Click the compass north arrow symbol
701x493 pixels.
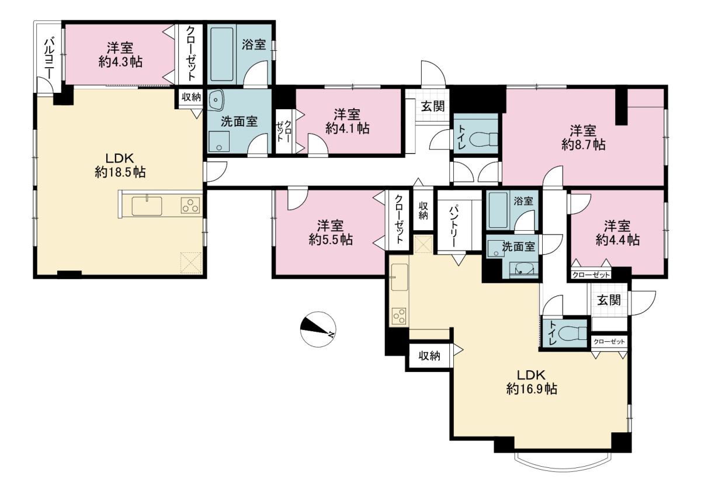pyautogui.click(x=318, y=329)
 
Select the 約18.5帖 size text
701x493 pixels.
pyautogui.click(x=120, y=172)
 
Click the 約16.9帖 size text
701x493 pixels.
pyautogui.click(x=532, y=389)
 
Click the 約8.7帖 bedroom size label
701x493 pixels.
pyautogui.click(x=584, y=145)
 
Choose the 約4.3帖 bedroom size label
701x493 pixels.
pyautogui.click(x=120, y=62)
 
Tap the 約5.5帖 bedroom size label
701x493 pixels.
pyautogui.click(x=331, y=239)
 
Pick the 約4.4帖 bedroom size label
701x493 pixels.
pyautogui.click(x=618, y=239)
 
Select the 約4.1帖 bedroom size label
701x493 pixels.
pyautogui.click(x=348, y=129)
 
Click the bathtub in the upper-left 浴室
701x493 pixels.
pyautogui.click(x=221, y=54)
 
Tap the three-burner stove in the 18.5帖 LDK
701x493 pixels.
pyautogui.click(x=190, y=206)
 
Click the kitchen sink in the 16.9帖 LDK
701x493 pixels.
pyautogui.click(x=400, y=277)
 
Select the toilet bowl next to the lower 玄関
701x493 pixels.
pyautogui.click(x=572, y=333)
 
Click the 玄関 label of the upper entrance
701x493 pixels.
pyautogui.click(x=432, y=106)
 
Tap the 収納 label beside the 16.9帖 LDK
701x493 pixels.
pyautogui.click(x=429, y=356)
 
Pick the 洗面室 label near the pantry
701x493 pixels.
pyautogui.click(x=518, y=246)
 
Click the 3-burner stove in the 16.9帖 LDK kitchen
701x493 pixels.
pyautogui.click(x=399, y=316)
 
